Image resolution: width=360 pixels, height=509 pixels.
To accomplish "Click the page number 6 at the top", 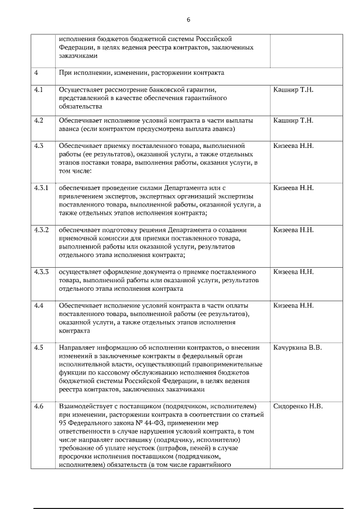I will coord(188,20).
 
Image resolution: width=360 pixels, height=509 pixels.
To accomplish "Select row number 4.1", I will coord(39,89).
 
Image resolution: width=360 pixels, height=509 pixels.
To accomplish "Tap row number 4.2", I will coord(39,120).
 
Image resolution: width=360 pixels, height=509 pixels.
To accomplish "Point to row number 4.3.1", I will coord(42,187).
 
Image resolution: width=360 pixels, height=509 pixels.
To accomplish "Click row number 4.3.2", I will coord(42,230).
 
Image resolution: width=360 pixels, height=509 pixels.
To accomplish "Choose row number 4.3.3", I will coord(42,272).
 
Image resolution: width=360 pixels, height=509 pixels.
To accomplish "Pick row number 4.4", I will coord(39,305).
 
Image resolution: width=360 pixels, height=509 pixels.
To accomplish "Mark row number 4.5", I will coord(39,348).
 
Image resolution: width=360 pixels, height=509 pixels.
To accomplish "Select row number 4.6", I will coord(39,406).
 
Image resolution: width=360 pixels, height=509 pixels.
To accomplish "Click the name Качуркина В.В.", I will coord(298,348).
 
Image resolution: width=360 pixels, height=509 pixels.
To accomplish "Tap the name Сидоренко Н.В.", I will coord(298,406).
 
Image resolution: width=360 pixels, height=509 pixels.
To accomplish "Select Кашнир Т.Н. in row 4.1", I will coord(293,89).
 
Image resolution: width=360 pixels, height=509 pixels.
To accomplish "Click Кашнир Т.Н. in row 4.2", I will coord(293,120).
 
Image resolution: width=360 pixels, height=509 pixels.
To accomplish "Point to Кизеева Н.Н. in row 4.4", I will coord(294,305).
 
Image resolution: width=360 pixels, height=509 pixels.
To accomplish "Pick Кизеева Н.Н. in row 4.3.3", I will coord(294,272).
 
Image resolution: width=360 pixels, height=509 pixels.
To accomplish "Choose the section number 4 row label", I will coord(36,73).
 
